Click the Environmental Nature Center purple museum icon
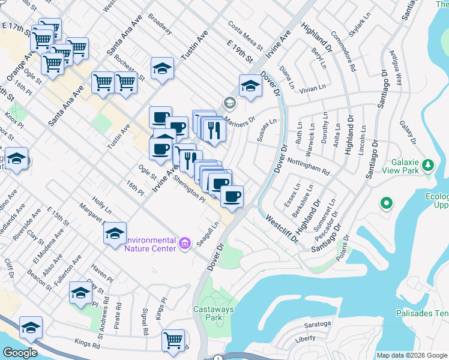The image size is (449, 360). click(184, 243)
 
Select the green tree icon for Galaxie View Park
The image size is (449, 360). click(427, 164)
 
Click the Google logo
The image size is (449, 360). click(20, 353)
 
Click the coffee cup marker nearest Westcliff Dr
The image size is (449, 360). click(232, 196)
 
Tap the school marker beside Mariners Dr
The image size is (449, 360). click(250, 86)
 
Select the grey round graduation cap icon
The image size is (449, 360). click(228, 103)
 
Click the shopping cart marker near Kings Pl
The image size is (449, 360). click(173, 340)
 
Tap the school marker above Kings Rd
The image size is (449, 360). click(31, 327)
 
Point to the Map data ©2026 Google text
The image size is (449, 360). click(412, 355)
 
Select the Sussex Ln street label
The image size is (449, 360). click(267, 130)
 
